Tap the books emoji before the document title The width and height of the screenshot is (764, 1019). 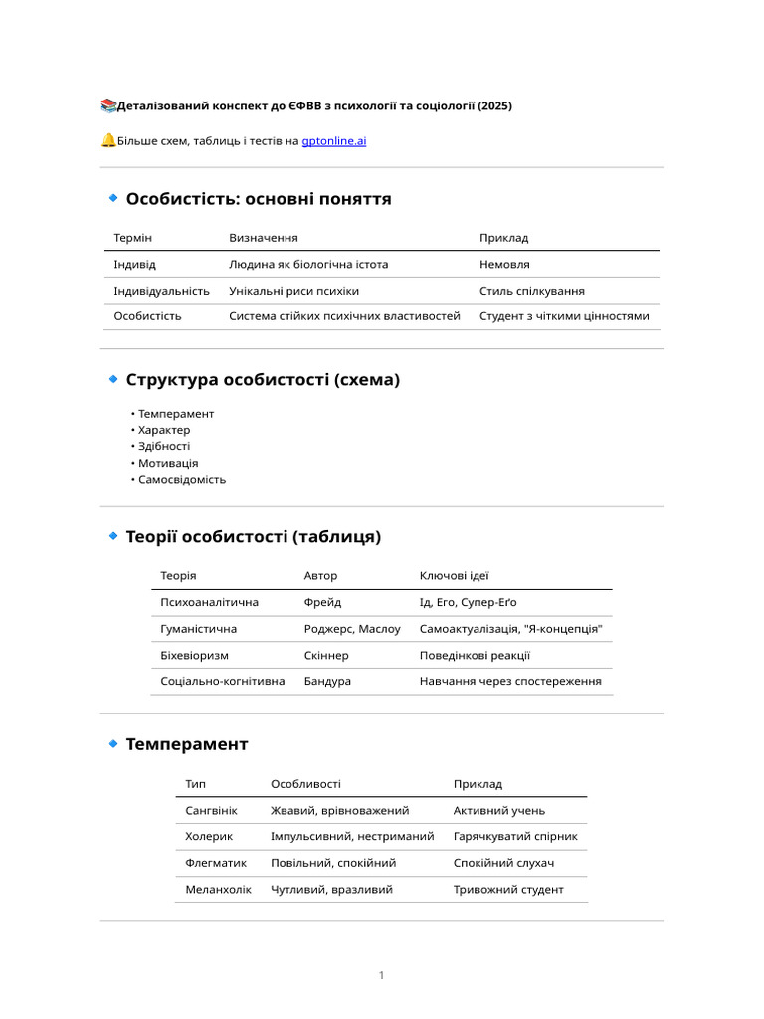pos(108,105)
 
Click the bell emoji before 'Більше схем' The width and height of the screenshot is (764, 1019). pos(108,140)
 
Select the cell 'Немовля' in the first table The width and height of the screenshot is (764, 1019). pos(504,265)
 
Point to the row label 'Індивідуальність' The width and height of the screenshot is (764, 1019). pos(161,291)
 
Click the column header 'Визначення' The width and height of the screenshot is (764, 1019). pos(264,238)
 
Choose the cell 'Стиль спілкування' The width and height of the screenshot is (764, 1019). pos(531,291)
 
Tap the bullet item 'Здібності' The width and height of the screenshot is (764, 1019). pos(164,446)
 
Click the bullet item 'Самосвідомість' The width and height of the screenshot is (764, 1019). pos(182,479)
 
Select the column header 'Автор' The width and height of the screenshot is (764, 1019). pos(320,576)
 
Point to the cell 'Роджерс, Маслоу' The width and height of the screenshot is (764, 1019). pos(352,629)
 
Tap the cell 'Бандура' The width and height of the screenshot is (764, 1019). pos(327,681)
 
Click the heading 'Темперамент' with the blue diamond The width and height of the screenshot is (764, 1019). pos(187,744)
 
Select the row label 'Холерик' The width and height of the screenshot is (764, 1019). pos(209,836)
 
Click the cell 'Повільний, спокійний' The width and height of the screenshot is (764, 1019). pos(333,862)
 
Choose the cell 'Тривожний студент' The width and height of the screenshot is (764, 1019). pos(508,889)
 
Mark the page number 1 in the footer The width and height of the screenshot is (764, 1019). pos(381,975)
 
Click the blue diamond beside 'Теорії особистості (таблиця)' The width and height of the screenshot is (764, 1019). pos(113,536)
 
